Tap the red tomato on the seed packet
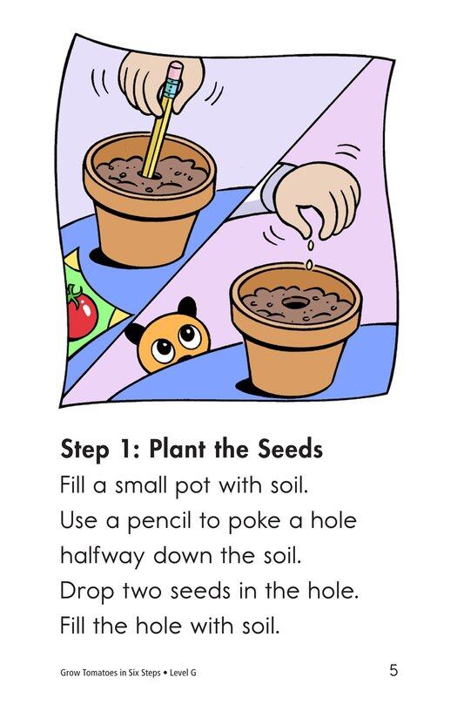(x=81, y=315)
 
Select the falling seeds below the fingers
(x=307, y=255)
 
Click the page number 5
(x=394, y=670)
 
